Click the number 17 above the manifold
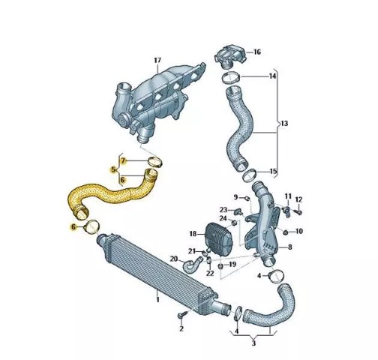point(157,60)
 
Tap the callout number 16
point(257,52)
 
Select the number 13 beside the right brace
point(284,123)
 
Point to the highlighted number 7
point(123,161)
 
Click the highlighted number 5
point(113,169)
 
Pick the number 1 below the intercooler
point(157,299)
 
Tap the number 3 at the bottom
point(253,343)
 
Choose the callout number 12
point(298,199)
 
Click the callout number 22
point(210,273)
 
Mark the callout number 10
point(299,231)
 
